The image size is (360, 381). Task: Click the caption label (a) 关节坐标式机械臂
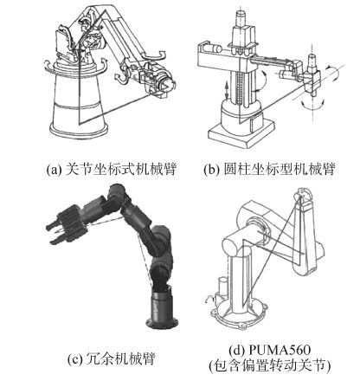[111, 169]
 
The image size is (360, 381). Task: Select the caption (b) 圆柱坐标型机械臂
[269, 169]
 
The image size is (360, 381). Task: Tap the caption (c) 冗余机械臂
[112, 358]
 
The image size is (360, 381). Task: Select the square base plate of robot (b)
[241, 134]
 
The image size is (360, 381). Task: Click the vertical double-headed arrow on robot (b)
[228, 90]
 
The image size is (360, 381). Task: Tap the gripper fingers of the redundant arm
[55, 233]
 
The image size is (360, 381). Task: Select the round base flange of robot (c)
[162, 323]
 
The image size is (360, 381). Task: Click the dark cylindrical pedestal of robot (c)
[162, 306]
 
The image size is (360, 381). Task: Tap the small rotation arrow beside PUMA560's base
[209, 300]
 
